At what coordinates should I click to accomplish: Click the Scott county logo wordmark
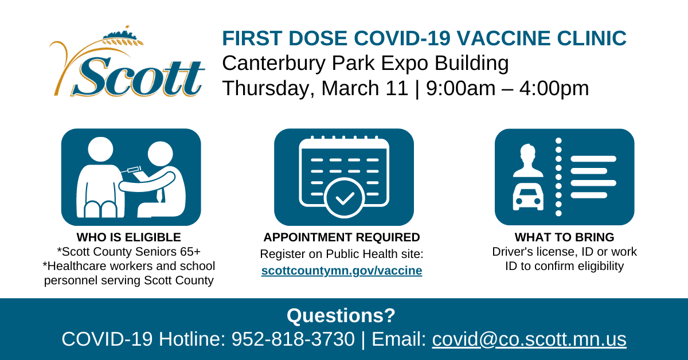138,76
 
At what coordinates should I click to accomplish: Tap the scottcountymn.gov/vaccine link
342,271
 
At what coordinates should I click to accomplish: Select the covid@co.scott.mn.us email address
529,339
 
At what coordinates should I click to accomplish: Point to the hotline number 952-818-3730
293,339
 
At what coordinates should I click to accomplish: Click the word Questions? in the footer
341,315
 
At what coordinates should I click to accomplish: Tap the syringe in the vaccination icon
131,170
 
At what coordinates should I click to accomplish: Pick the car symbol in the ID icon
528,197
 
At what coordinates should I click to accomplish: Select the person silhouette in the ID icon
528,161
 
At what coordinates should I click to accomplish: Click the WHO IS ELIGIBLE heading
128,237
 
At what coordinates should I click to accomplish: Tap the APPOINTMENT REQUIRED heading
342,237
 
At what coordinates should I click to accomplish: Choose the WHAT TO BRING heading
565,237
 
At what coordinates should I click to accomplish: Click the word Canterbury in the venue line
273,64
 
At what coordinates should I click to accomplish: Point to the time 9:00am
460,88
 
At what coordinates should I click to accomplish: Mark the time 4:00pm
554,88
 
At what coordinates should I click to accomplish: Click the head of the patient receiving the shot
100,149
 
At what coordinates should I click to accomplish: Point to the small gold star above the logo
127,27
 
